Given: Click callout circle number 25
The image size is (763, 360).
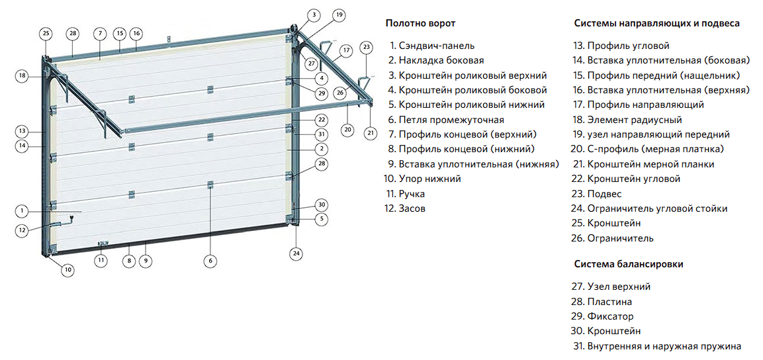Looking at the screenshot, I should tap(46, 32).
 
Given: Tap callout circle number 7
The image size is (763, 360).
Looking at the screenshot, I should tap(99, 32).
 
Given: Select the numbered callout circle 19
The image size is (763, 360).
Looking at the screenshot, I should tap(339, 14).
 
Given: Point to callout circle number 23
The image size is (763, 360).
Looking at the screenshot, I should tap(367, 47).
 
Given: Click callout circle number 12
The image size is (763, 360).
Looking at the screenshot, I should tap(22, 230).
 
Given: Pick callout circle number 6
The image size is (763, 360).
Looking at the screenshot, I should tap(210, 261).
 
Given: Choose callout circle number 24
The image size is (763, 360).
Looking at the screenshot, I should tap(296, 253).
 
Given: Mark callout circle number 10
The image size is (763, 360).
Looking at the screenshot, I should tap(68, 269).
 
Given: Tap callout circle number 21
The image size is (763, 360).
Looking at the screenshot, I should tap(370, 132).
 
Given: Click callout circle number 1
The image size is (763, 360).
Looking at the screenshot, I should tap(22, 211).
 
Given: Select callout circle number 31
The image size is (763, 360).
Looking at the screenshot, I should tap(322, 134).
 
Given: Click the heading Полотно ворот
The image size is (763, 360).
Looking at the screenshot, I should tap(420, 23).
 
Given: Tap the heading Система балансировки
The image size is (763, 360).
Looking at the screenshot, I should tap(628, 263).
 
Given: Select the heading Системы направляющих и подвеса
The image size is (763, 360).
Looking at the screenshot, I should tap(656, 23).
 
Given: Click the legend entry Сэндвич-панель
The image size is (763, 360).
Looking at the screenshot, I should tap(436, 46).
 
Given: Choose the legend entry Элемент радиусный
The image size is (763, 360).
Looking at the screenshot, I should tap(625, 120).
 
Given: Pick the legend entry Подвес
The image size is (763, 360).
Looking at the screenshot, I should tap(604, 194).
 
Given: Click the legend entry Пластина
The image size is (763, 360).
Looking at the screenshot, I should tap(609, 302).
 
